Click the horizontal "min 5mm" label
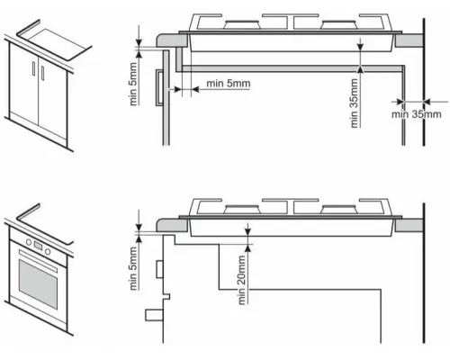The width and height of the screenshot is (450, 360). click(x=229, y=84)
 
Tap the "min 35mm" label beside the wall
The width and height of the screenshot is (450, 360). click(x=417, y=114)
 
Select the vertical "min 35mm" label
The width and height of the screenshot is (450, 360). click(x=355, y=103)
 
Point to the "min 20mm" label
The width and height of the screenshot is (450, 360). click(x=242, y=280)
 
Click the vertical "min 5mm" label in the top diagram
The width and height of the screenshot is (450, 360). click(x=133, y=84)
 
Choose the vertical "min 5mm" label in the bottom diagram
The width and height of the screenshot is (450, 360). click(x=133, y=268)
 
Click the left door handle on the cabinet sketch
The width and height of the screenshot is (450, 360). click(x=33, y=68)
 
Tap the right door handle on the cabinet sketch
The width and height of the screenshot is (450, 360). click(x=42, y=73)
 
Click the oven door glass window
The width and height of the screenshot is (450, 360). click(x=38, y=283)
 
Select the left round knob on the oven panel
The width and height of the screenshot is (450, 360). click(x=29, y=242)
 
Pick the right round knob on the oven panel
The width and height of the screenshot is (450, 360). click(x=48, y=251)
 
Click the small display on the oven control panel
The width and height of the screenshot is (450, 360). click(x=38, y=246)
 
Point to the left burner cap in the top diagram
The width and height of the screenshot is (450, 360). click(x=242, y=24)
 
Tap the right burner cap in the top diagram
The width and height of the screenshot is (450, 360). click(x=339, y=24)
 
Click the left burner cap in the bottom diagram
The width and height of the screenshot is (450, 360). click(x=242, y=209)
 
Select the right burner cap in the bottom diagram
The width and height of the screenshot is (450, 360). click(x=339, y=209)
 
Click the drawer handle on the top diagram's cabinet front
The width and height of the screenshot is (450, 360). click(x=159, y=87)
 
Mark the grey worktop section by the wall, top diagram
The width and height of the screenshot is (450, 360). click(x=409, y=40)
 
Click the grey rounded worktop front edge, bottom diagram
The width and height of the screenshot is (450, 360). click(x=172, y=225)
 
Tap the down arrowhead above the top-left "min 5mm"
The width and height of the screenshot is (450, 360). click(x=139, y=42)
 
